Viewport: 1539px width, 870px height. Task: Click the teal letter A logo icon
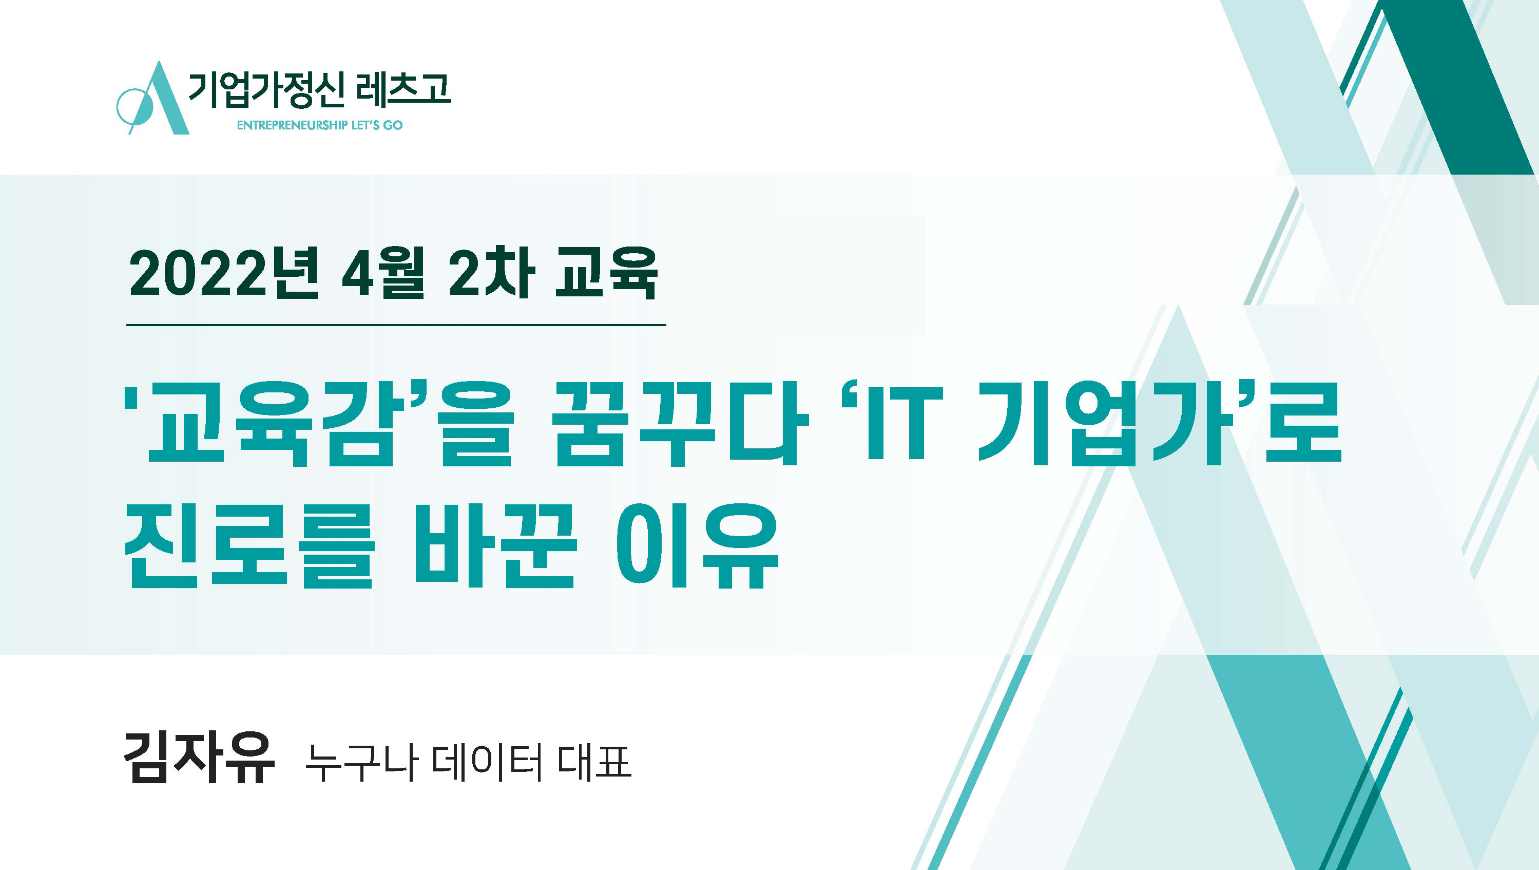point(152,99)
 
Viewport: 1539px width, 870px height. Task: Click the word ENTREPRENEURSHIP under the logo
point(292,125)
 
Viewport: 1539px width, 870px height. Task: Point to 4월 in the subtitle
point(382,274)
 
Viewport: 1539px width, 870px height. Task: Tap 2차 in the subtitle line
point(491,274)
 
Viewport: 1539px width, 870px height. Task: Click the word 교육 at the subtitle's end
point(606,274)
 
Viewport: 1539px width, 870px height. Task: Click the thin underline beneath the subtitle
point(396,325)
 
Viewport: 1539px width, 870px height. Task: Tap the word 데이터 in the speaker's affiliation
point(486,763)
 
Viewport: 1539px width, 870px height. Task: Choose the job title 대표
point(594,763)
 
